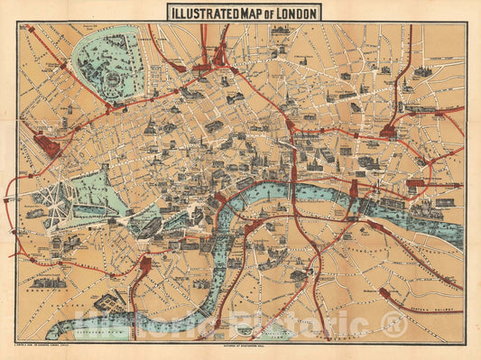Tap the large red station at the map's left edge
coord(46,144)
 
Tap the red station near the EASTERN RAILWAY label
coord(386,293)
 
